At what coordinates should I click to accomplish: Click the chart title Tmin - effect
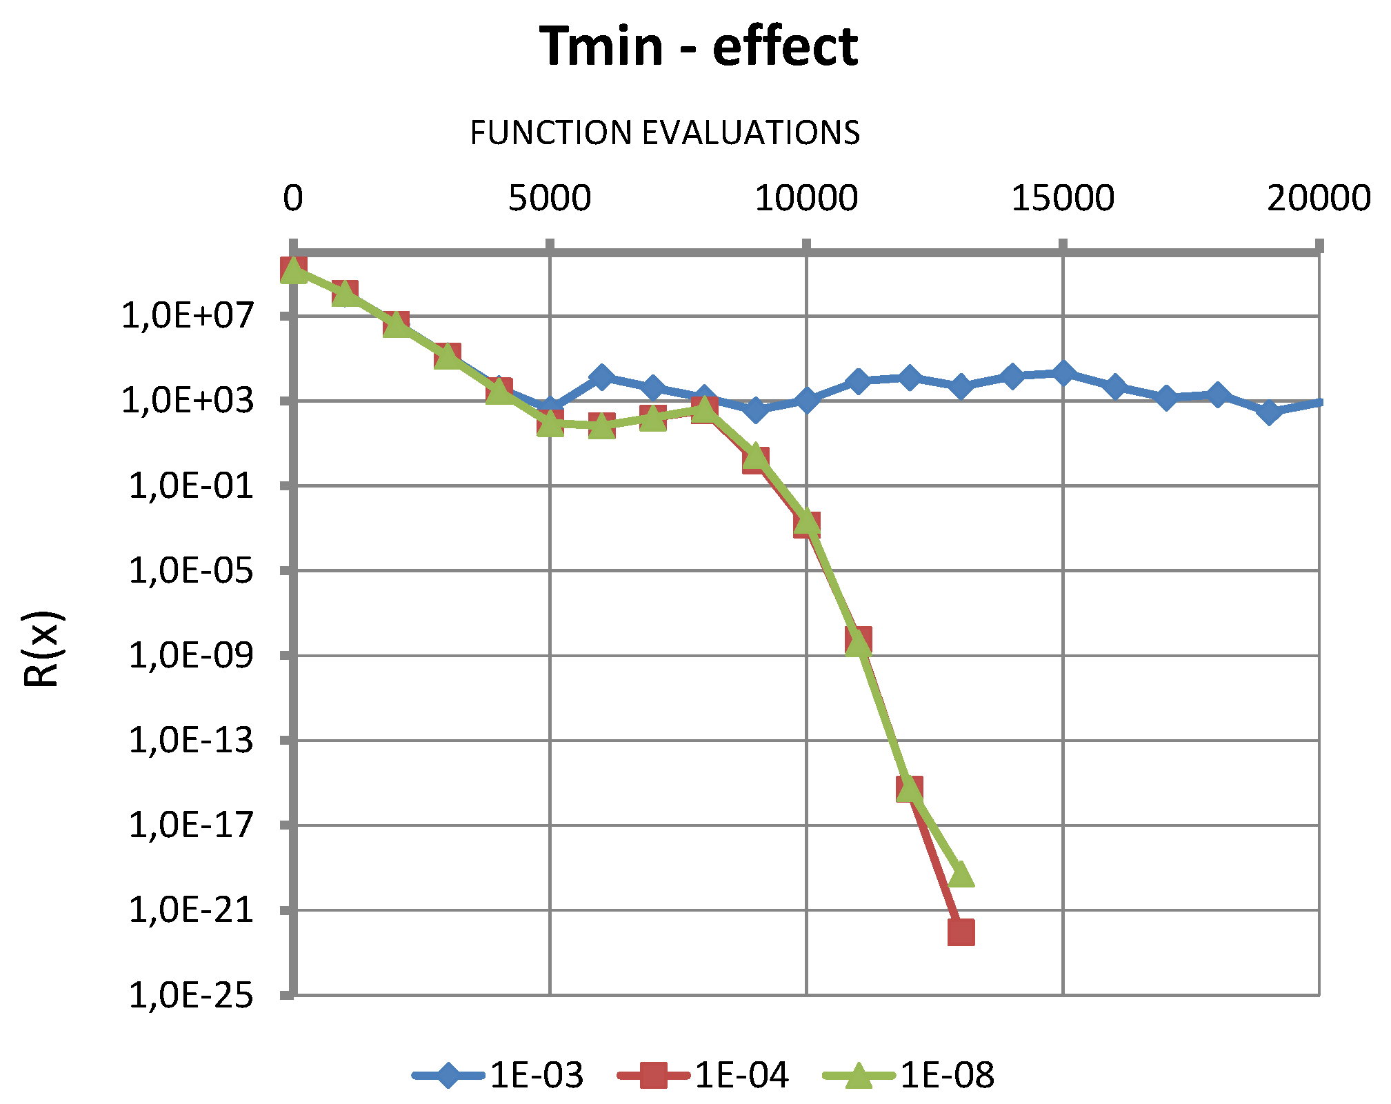(x=698, y=47)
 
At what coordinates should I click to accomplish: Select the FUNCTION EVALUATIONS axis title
(x=665, y=132)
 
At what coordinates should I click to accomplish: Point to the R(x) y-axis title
(x=43, y=649)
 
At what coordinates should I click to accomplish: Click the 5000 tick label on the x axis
(x=550, y=199)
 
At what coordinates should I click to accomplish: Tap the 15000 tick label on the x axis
(x=1063, y=199)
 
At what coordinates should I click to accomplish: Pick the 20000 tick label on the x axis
(x=1319, y=199)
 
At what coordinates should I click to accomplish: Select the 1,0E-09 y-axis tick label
(x=191, y=655)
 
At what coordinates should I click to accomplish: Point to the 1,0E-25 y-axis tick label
(x=191, y=996)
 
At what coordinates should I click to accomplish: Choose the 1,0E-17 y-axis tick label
(x=191, y=825)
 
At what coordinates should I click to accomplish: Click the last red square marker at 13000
(x=961, y=932)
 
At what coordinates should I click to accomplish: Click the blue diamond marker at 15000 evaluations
(x=1063, y=373)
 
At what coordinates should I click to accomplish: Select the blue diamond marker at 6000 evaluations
(x=601, y=377)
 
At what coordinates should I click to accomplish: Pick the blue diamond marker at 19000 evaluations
(x=1268, y=412)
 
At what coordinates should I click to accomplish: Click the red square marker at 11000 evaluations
(x=858, y=640)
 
